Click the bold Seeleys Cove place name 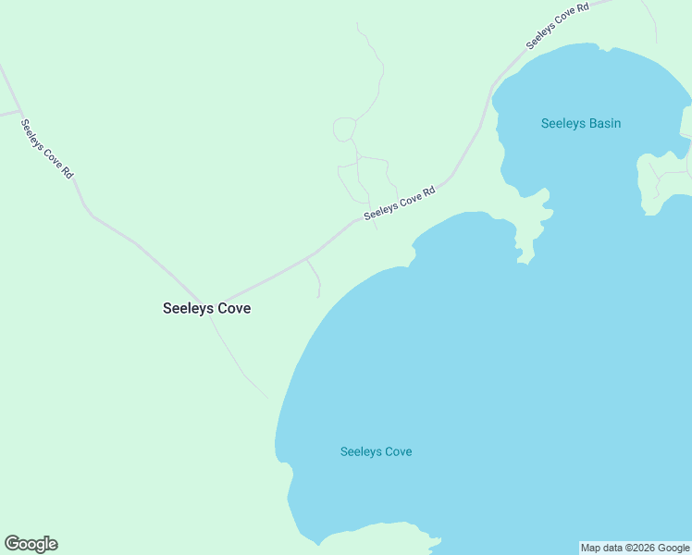206,309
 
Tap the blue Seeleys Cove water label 376,451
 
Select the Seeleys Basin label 580,123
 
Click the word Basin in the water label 603,123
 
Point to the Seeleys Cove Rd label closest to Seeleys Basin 557,27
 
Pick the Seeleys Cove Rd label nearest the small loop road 400,203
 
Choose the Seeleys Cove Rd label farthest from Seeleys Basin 47,149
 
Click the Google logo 31,544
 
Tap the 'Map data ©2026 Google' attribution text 636,548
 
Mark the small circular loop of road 344,129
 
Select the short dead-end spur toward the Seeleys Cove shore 315,277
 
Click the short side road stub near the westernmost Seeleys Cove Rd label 9,113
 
